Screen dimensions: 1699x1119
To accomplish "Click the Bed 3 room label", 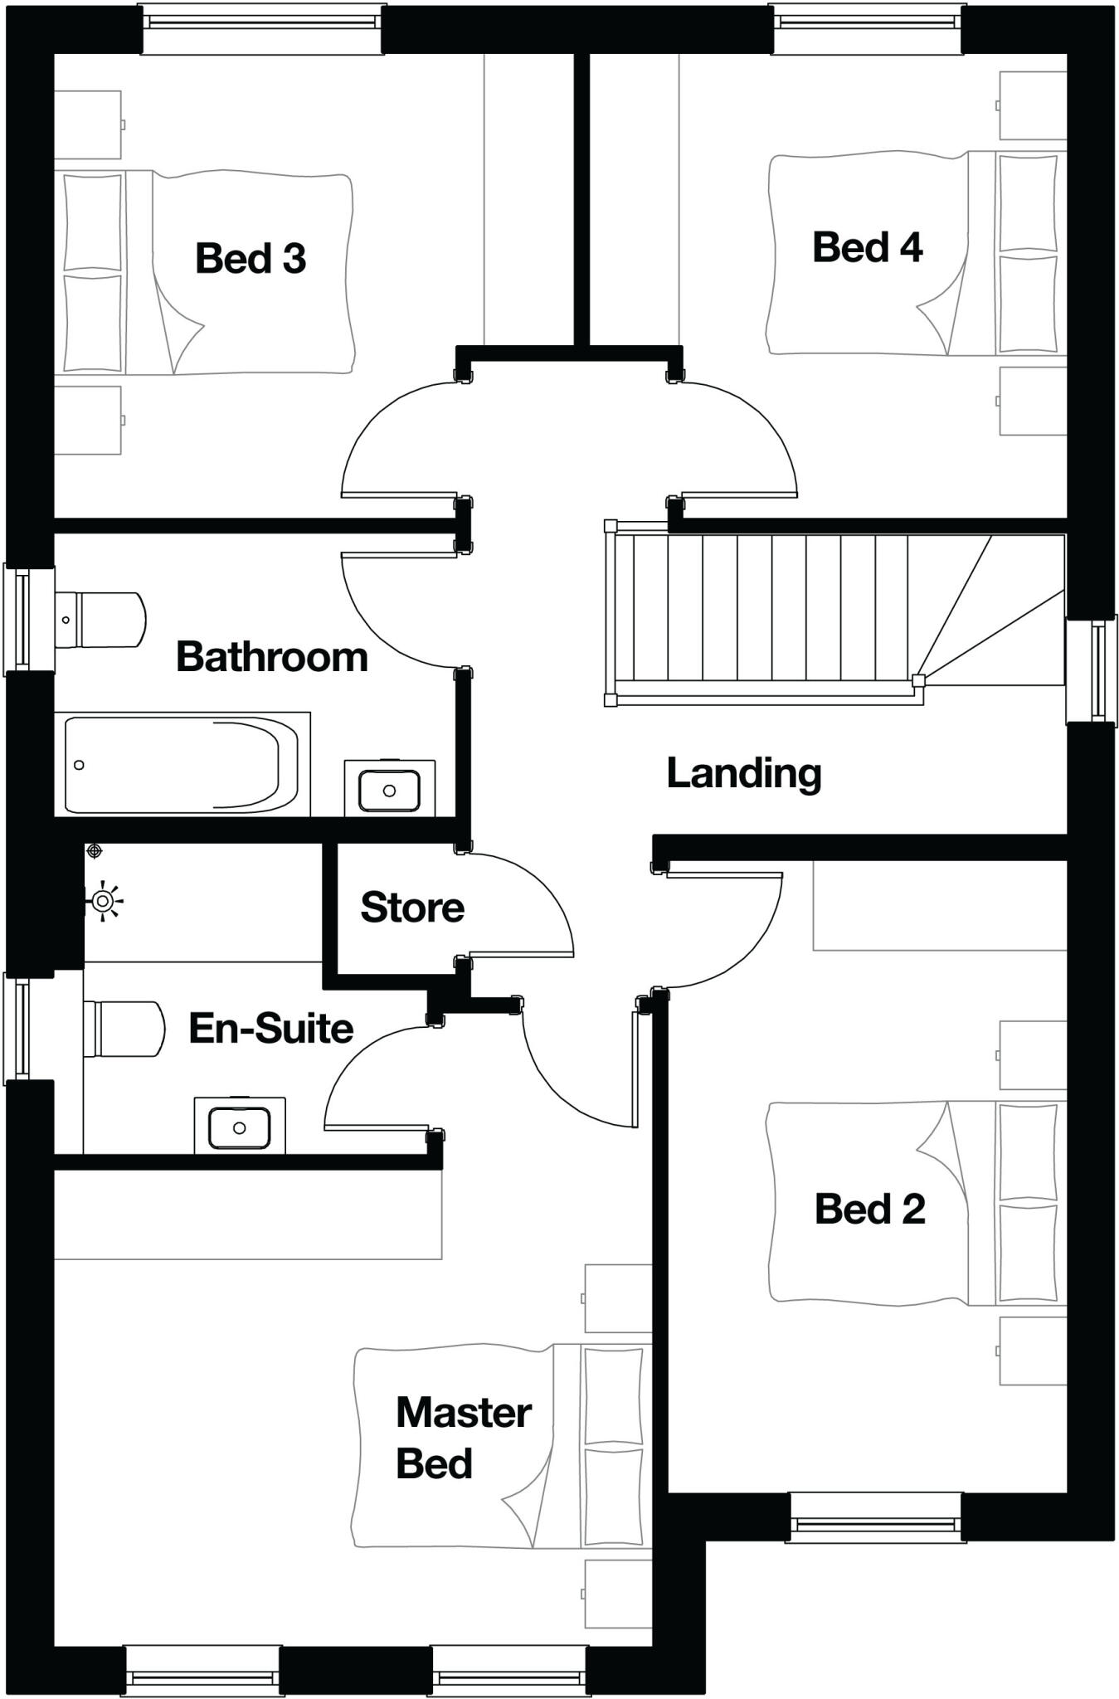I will pos(251,259).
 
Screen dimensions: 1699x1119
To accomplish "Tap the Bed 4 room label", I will pos(867,248).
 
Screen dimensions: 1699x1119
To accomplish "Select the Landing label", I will pos(743,773).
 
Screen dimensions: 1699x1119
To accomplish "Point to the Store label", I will pos(411,908).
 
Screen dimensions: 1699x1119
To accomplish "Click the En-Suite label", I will pos(271,1029).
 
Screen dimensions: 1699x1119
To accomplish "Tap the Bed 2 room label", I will pos(868,1209).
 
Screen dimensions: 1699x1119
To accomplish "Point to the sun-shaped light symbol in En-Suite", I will pos(103,901).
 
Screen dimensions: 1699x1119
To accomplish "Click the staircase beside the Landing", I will pos(771,608).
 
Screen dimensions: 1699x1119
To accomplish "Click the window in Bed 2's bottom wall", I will pos(875,1517).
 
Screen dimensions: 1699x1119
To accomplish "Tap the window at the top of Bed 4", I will pos(867,18).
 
